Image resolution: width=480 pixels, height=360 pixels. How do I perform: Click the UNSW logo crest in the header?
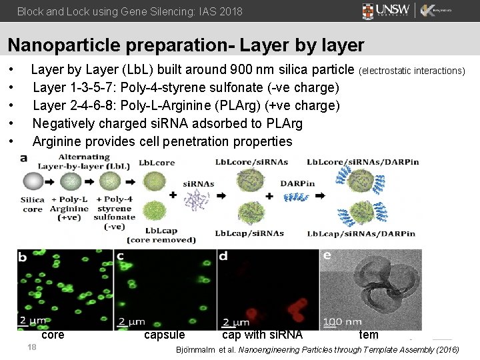(x=368, y=11)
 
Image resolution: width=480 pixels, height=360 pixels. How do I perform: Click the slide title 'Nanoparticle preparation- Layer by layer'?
(x=186, y=45)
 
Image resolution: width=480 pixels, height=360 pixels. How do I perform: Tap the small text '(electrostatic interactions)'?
(x=412, y=71)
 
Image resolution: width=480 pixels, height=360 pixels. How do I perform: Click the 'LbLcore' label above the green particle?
(x=157, y=163)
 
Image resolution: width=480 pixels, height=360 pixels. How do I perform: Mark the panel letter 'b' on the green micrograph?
(x=23, y=257)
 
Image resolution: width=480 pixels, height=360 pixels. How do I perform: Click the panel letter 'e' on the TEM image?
(x=327, y=256)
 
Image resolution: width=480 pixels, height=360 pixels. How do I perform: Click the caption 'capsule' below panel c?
(x=165, y=335)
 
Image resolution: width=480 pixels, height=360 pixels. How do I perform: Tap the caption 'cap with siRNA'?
(x=262, y=335)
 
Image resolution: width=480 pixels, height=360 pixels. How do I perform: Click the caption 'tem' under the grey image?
(x=369, y=335)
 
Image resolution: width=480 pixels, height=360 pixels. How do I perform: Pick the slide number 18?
(x=31, y=347)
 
